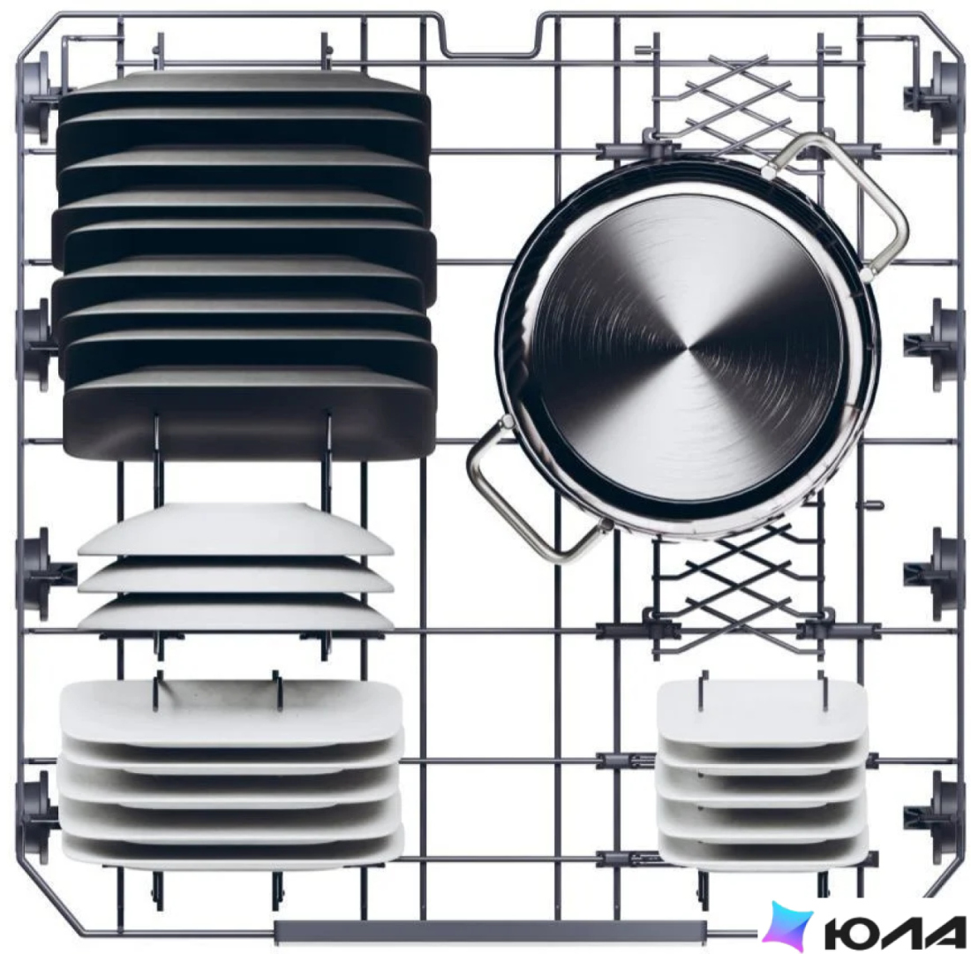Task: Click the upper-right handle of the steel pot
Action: tap(892, 205)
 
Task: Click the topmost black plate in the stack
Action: tap(245, 93)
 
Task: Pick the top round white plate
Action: tap(236, 530)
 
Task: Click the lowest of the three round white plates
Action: tap(236, 614)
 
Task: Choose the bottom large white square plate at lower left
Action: tap(230, 846)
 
